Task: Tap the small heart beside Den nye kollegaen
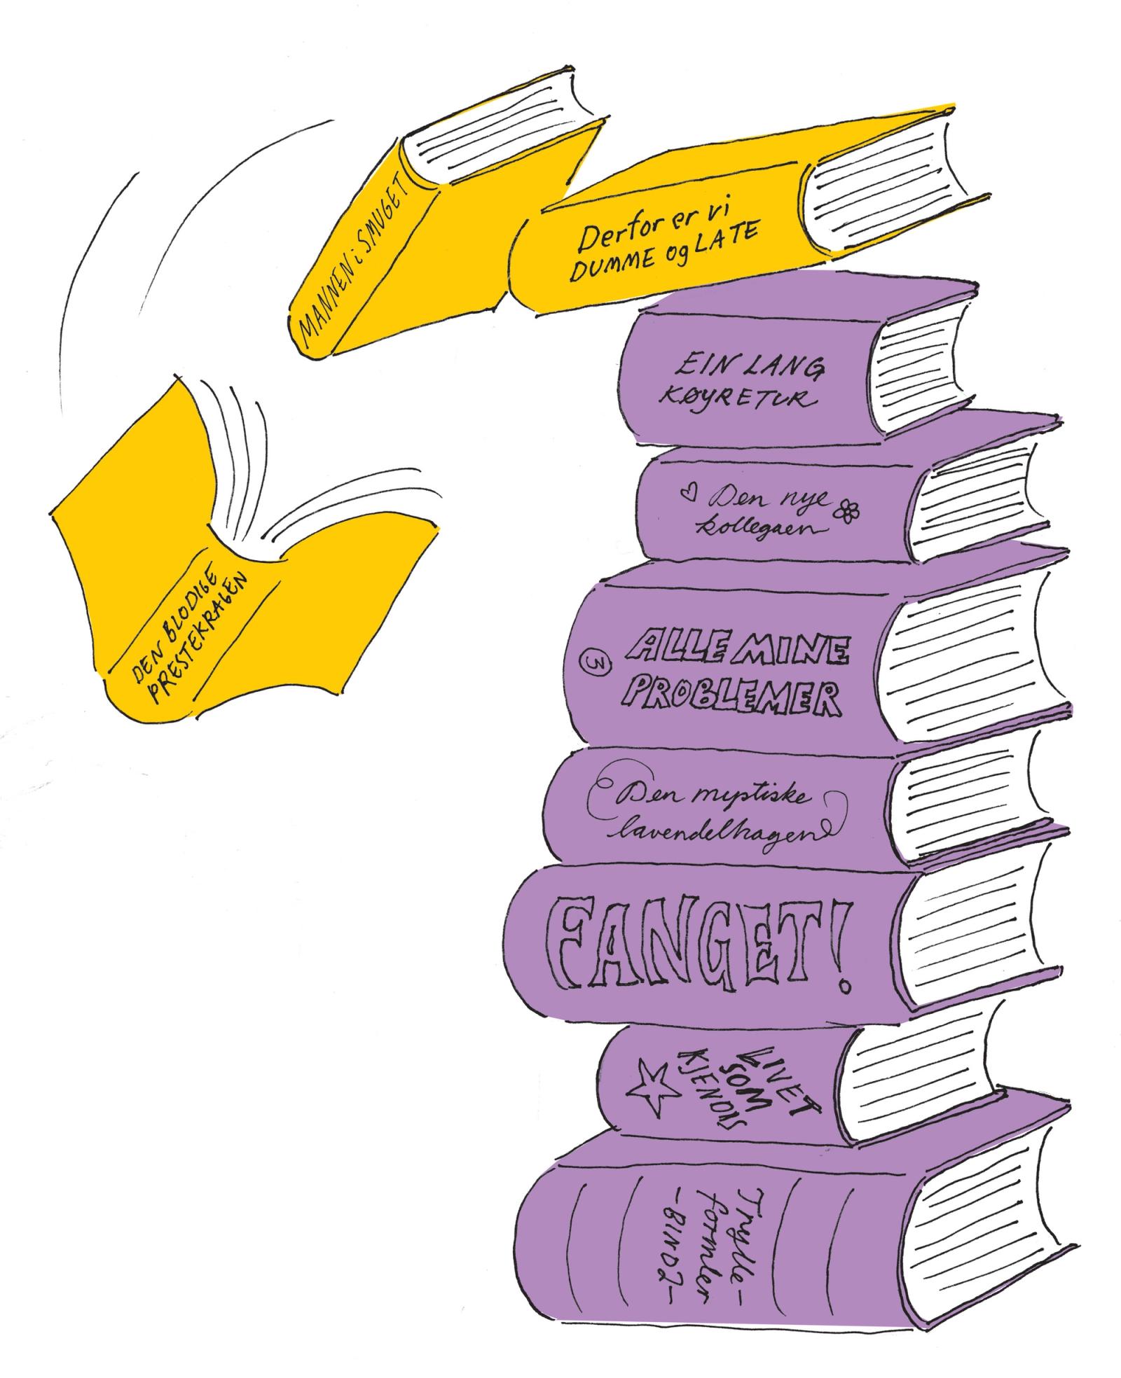point(688,493)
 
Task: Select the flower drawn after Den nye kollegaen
point(849,512)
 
